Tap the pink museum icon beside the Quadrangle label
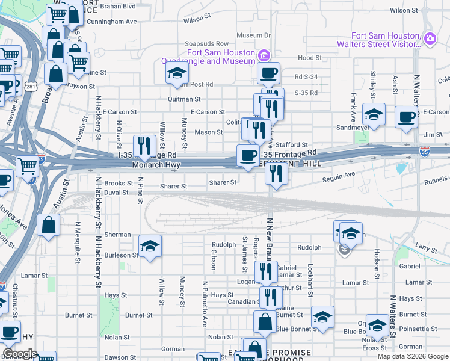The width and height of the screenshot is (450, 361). click(263, 57)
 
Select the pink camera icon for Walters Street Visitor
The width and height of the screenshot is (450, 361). click(430, 39)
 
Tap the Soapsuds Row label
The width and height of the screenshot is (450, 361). click(206, 44)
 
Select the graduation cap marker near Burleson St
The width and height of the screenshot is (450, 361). click(150, 245)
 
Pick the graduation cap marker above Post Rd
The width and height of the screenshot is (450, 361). click(177, 73)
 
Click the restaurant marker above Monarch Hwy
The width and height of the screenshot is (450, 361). click(144, 145)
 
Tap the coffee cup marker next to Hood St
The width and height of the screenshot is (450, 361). click(268, 73)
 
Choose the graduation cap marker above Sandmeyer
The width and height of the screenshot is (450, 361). click(374, 114)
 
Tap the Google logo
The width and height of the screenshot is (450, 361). click(20, 354)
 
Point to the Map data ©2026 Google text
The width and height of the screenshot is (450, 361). click(412, 356)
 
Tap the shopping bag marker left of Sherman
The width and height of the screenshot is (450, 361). click(48, 226)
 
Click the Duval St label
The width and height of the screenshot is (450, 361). click(116, 193)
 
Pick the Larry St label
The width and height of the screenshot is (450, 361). click(426, 247)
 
